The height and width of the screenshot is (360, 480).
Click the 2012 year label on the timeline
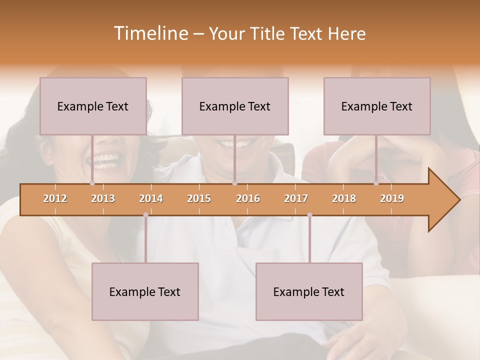click(x=55, y=198)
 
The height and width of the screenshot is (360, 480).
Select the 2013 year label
click(x=103, y=198)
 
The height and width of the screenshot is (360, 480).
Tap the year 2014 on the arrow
click(x=151, y=198)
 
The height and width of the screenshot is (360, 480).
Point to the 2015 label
click(x=199, y=198)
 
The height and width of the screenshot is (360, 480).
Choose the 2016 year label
click(x=248, y=198)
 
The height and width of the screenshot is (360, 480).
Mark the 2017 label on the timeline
click(x=296, y=198)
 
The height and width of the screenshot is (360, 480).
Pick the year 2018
click(x=344, y=198)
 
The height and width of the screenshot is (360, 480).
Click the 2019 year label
click(x=392, y=198)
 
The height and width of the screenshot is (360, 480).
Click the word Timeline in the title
click(x=150, y=33)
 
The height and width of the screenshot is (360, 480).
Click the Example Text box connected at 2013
click(x=93, y=106)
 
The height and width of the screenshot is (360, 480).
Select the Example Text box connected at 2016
click(x=235, y=106)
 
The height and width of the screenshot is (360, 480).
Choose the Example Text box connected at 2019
click(x=377, y=106)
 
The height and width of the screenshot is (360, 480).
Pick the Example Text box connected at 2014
click(x=145, y=291)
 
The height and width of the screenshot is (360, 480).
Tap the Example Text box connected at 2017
click(x=309, y=291)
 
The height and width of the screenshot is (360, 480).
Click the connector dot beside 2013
click(x=92, y=183)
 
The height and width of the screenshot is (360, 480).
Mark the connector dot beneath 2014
click(x=145, y=215)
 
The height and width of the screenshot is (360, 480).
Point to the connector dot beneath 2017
click(x=309, y=215)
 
